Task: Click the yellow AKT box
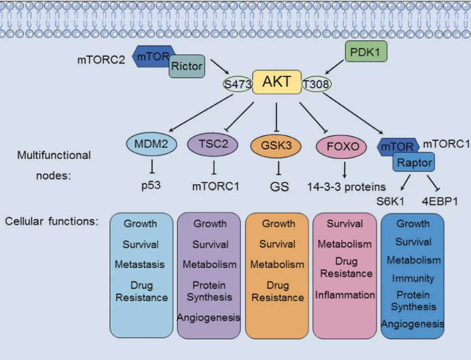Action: point(277,82)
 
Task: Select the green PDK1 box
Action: point(366,52)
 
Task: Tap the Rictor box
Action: point(187,66)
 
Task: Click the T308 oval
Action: point(317,84)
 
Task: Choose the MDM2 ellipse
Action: point(151,145)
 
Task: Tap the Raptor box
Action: point(413,163)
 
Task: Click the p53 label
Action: point(151,185)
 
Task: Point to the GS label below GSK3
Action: point(280,186)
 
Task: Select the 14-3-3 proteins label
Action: point(346,186)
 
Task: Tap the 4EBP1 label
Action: point(440,201)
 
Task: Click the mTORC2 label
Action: point(101,59)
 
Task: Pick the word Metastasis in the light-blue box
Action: point(140,264)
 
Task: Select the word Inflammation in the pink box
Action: point(345,295)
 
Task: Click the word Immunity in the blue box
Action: point(413,278)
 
